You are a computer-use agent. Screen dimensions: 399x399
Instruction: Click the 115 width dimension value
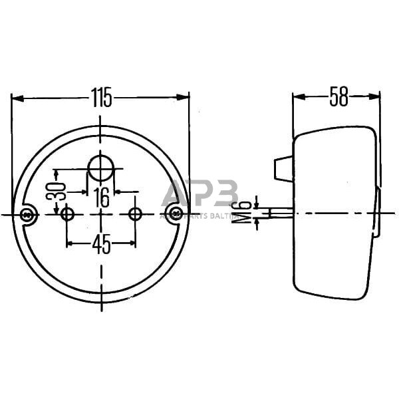pos(101,98)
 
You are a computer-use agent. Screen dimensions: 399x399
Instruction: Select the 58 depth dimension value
pos(338,97)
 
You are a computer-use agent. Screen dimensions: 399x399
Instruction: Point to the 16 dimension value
pos(101,196)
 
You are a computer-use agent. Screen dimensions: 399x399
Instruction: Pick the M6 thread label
pos(247,213)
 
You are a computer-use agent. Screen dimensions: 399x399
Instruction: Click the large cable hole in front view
pos(101,167)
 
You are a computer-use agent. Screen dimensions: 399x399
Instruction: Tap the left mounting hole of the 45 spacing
pos(67,214)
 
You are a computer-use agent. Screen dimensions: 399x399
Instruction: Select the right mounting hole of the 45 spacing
pos(135,214)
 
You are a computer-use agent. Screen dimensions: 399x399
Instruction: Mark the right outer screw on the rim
pos(175,213)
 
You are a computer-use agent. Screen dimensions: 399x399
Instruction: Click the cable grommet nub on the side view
pos(283,168)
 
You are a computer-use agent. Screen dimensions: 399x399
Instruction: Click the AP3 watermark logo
pos(199,195)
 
